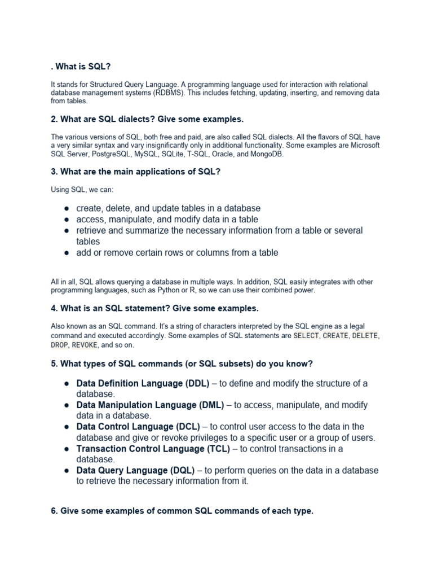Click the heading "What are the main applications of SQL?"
point(135,172)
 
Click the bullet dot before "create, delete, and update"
point(66,208)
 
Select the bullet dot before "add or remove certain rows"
point(66,253)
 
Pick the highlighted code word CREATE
point(336,335)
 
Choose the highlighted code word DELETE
point(366,335)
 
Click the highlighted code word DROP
point(59,344)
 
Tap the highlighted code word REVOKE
point(85,344)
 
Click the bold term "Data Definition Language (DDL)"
point(143,383)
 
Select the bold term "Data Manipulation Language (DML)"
point(150,405)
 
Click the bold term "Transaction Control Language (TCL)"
point(153,449)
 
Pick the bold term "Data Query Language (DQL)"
point(135,470)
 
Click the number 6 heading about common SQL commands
point(182,511)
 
